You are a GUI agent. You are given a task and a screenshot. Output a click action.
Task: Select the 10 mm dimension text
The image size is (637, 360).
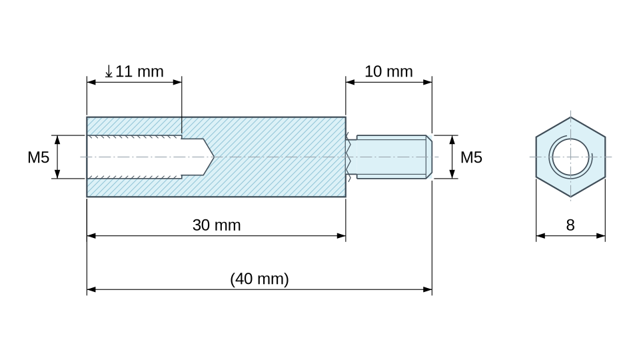[x=388, y=71]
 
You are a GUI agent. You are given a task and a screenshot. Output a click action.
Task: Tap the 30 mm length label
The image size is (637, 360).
[x=217, y=225]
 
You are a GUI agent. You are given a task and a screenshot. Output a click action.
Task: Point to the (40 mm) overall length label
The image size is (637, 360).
[x=259, y=279]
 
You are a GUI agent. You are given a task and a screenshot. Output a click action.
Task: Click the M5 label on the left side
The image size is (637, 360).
[x=38, y=157]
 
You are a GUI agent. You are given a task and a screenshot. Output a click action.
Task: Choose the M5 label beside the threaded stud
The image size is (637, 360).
[x=471, y=157]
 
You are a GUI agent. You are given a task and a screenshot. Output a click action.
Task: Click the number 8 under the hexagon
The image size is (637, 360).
[x=570, y=225]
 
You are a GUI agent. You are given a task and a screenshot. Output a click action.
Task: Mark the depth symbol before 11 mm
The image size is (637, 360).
[x=109, y=71]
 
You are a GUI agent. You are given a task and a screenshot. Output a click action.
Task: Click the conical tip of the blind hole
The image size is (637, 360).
[x=214, y=157]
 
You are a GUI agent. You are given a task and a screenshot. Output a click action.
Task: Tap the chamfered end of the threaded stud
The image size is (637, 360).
[x=429, y=157]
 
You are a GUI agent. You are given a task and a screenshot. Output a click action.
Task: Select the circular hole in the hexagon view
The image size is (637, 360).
[x=570, y=157]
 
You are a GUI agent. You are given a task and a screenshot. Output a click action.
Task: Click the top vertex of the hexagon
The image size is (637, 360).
[x=570, y=117]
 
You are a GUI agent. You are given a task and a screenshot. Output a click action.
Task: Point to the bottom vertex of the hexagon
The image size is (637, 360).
[x=570, y=197]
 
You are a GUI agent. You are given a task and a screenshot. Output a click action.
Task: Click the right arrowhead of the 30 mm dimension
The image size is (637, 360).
[x=341, y=235]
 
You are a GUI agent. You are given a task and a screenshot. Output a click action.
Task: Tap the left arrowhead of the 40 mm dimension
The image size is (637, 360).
[x=91, y=289]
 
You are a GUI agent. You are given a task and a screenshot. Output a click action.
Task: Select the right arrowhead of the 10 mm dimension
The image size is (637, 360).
[x=427, y=82]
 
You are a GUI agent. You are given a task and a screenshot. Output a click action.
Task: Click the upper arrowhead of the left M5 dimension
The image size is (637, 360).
[x=57, y=140]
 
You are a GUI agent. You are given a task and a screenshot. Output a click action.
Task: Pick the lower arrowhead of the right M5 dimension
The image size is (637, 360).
[x=452, y=174]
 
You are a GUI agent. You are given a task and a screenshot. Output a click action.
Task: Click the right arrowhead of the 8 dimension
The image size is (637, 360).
[x=601, y=235]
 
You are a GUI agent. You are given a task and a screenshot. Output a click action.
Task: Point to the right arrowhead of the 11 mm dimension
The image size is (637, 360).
[x=177, y=82]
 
